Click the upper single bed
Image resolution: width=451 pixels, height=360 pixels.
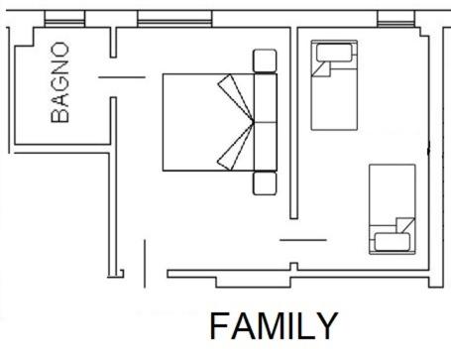334,85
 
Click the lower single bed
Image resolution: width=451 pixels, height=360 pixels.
391,208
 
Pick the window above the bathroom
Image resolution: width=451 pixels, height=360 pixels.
64,20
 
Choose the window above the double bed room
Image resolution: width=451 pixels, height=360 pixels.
174,19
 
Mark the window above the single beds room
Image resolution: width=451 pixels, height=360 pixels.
395,19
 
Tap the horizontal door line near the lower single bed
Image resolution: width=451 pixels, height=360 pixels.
302,238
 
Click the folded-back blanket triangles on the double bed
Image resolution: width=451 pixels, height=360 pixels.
234,122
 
